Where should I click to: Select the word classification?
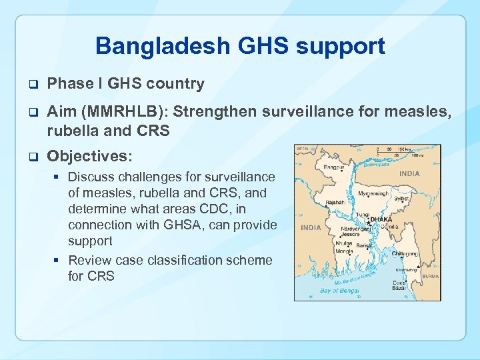[184, 260]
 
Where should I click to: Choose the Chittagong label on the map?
[406, 254]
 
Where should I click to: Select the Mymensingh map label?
[373, 194]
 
